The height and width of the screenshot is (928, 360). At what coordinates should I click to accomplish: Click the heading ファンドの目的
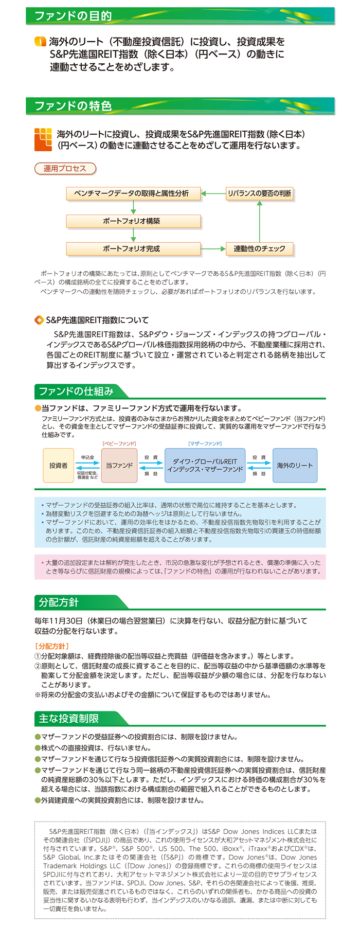(x=73, y=16)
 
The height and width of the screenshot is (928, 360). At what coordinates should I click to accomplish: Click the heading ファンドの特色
(x=73, y=106)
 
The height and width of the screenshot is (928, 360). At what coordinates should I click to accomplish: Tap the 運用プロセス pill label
(x=65, y=168)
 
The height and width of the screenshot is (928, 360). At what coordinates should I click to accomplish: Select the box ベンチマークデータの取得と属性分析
(x=133, y=193)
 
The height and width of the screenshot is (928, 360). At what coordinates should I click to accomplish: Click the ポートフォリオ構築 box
(x=133, y=221)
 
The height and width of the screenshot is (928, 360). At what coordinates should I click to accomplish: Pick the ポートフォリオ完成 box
(x=133, y=249)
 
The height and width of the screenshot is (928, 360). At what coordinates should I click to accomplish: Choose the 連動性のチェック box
(x=260, y=249)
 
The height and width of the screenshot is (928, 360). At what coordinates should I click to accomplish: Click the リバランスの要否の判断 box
(x=260, y=193)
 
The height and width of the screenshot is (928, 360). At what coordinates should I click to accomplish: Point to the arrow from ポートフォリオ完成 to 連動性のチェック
(x=213, y=249)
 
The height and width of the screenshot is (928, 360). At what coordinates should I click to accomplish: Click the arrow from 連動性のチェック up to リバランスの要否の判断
(x=260, y=221)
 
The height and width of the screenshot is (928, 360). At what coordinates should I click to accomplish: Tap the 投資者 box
(x=58, y=466)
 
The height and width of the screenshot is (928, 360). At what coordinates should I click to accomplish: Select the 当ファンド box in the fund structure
(x=119, y=466)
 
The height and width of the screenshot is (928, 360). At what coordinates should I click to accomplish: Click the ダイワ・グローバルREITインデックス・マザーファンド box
(x=205, y=466)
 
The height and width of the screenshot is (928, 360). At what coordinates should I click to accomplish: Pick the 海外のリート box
(x=295, y=466)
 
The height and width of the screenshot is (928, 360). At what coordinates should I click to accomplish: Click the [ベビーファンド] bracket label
(x=119, y=443)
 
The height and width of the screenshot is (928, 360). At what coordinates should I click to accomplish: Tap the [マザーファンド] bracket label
(x=205, y=443)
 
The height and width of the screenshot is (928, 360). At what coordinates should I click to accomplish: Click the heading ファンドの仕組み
(x=76, y=391)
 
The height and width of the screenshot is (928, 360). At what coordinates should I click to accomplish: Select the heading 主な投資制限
(x=69, y=719)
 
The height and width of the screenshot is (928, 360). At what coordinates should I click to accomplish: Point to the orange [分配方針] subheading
(x=52, y=646)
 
